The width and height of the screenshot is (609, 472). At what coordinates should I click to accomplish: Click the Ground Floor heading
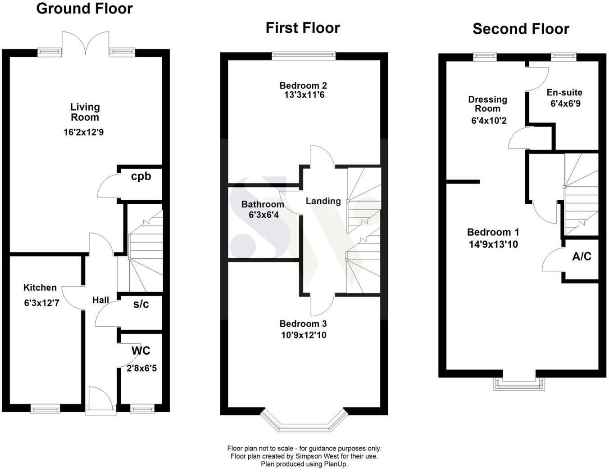tap(84, 9)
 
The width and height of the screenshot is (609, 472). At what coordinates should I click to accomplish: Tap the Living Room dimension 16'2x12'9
tap(83, 132)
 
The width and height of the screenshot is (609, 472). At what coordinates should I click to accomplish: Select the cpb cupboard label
tap(141, 177)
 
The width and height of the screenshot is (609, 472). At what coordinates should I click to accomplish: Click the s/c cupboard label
tap(141, 304)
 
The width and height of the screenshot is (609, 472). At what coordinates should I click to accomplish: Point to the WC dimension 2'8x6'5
tap(141, 369)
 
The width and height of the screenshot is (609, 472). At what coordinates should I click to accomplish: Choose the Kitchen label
tap(40, 288)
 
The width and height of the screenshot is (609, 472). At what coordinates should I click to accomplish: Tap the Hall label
tap(100, 301)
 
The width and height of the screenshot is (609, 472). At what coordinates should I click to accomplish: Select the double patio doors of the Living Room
tap(85, 43)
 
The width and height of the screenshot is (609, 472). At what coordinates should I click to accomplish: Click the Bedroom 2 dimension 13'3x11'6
tap(304, 95)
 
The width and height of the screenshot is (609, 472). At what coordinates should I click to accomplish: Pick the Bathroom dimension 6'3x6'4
tap(264, 215)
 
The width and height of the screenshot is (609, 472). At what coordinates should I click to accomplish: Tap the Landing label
tap(323, 201)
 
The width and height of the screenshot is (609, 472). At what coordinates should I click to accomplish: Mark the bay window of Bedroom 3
tap(303, 422)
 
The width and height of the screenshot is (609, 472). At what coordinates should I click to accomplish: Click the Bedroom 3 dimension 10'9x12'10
tap(304, 335)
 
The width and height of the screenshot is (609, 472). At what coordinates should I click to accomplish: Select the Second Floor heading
tap(521, 29)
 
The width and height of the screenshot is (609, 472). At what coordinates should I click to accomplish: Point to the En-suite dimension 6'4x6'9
tap(566, 104)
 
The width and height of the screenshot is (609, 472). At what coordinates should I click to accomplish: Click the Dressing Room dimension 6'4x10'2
tap(489, 121)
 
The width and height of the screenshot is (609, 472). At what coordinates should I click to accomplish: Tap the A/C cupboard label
tap(582, 256)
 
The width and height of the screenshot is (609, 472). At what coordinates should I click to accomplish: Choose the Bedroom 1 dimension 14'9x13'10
tap(493, 245)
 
